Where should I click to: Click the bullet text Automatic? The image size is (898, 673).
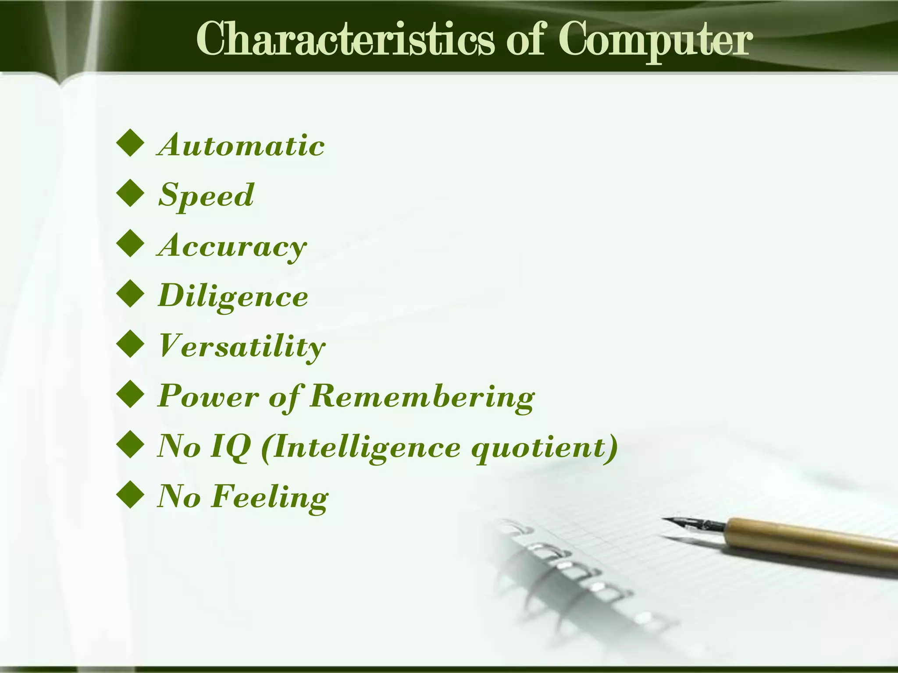241,145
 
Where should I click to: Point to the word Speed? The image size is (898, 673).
206,195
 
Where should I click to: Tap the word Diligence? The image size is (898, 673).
233,296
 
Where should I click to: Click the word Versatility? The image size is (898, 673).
242,347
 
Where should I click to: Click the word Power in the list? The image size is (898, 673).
208,397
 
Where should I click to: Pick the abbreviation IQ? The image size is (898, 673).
231,447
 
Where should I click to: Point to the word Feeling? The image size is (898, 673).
269,497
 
